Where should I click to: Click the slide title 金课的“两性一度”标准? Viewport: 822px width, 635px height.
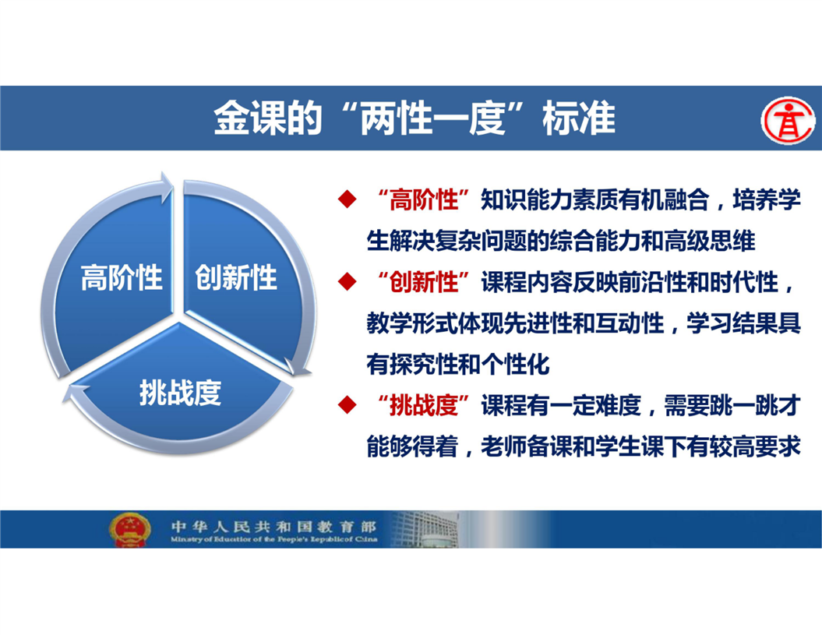pos(415,118)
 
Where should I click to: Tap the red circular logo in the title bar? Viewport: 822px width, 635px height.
pos(788,120)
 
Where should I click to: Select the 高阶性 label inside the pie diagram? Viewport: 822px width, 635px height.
pos(122,277)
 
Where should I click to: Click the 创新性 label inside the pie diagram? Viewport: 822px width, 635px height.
pos(236,277)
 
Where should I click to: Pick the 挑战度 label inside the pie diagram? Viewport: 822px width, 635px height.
pos(180,392)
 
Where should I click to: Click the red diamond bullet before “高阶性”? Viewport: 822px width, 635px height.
pos(347,199)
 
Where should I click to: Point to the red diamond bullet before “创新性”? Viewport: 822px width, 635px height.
pos(347,281)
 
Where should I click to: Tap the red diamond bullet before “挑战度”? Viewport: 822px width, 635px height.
pos(347,405)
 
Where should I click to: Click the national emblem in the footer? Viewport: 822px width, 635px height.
pos(130,530)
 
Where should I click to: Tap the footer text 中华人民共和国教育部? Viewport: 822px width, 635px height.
pos(273,526)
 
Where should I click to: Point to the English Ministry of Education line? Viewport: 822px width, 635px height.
pos(273,539)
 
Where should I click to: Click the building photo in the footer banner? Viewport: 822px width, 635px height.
pos(425,529)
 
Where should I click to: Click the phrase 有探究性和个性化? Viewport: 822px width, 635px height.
pos(458,365)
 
